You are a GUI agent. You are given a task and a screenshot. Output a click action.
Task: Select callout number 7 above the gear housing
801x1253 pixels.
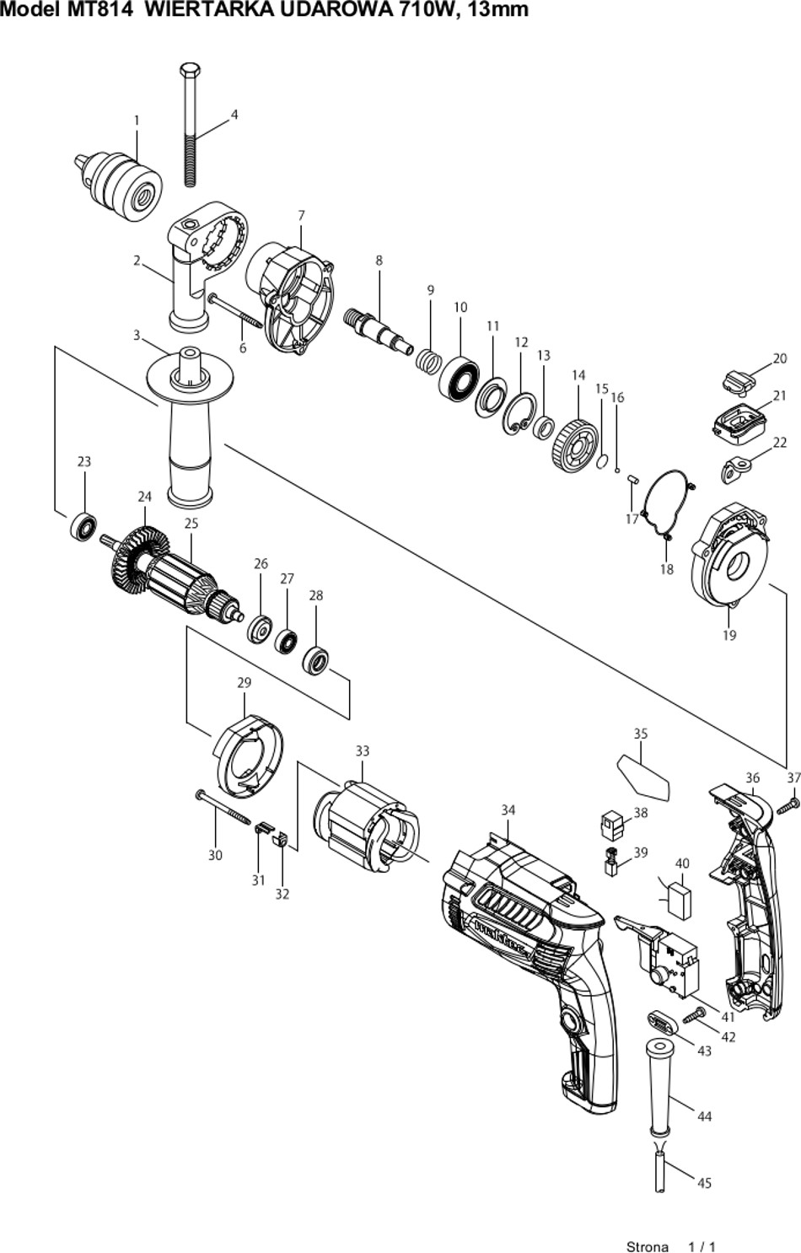point(302,215)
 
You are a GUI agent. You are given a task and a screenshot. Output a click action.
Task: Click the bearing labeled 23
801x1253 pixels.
point(83,526)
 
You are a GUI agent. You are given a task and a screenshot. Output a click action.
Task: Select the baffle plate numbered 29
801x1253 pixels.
point(248,756)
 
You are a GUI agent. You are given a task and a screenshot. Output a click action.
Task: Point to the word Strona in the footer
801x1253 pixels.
point(648,1246)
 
